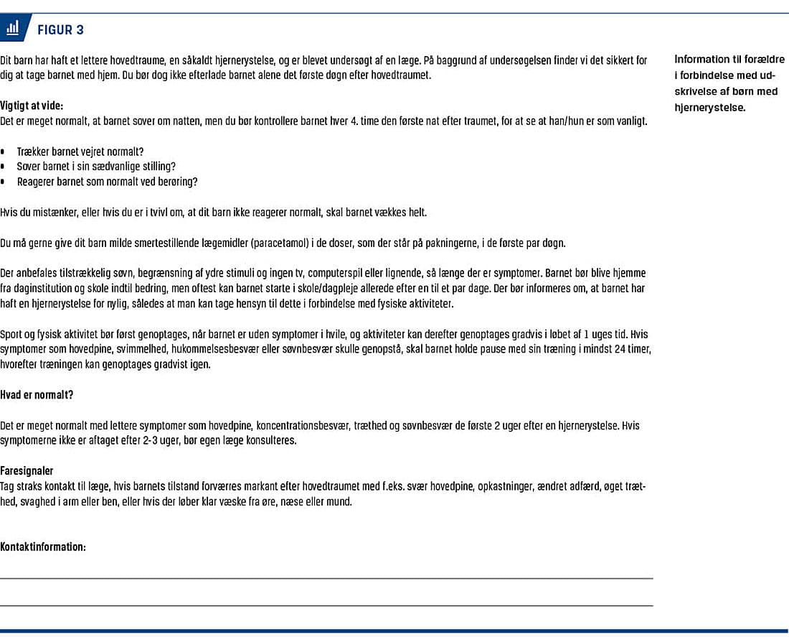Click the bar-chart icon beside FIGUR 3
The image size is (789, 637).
12,29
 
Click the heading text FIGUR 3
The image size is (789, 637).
60,29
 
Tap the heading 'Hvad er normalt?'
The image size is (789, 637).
37,395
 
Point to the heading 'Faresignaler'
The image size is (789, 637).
27,471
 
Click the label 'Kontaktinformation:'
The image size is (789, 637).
43,547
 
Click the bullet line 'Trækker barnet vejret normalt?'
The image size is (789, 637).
80,152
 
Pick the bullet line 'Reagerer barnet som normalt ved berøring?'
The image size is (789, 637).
107,182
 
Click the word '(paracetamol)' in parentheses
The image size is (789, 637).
286,243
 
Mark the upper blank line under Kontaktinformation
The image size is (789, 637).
326,578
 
